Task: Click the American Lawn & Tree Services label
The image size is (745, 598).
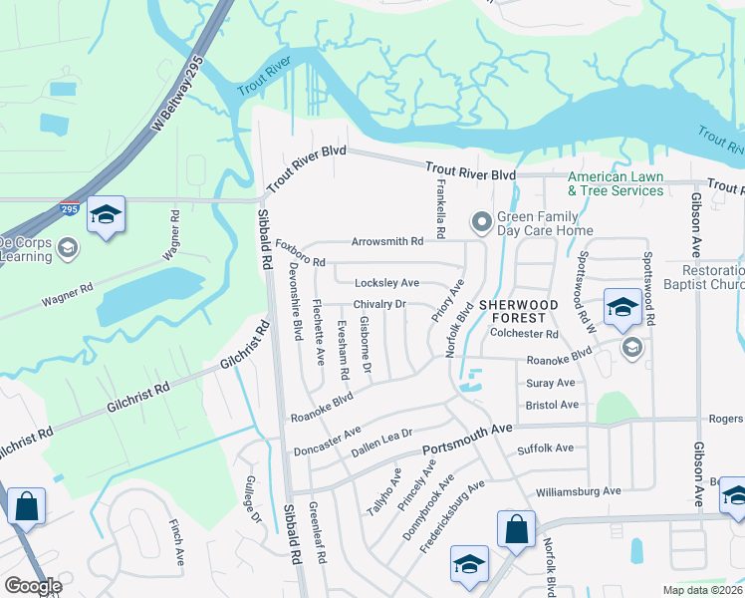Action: coord(615,183)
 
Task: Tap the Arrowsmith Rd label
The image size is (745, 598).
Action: coord(386,241)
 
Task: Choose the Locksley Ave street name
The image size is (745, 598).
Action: coord(386,283)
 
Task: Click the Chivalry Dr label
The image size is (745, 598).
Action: coord(379,304)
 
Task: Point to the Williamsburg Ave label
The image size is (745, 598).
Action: coord(578,490)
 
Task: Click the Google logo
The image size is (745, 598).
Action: coord(32,586)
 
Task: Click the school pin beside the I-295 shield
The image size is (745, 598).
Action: coord(106,216)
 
